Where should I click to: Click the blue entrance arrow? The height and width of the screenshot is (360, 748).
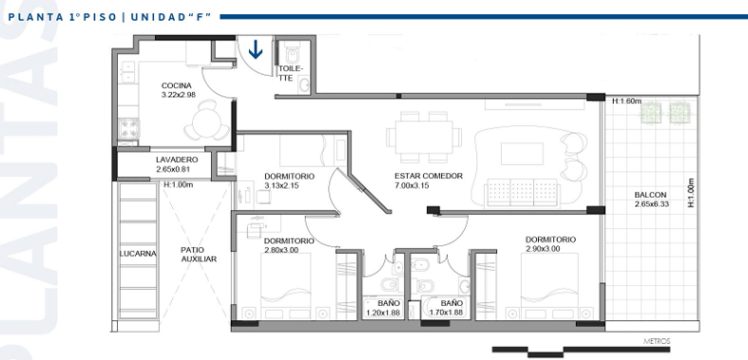pyautogui.click(x=256, y=50)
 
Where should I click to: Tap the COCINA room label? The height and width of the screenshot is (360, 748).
pyautogui.click(x=177, y=85)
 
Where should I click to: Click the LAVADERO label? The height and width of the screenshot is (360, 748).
pyautogui.click(x=177, y=160)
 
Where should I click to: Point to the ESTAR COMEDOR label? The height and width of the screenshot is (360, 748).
pyautogui.click(x=428, y=176)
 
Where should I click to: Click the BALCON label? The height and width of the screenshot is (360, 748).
pyautogui.click(x=650, y=195)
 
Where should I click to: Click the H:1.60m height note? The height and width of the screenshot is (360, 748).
pyautogui.click(x=627, y=101)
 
